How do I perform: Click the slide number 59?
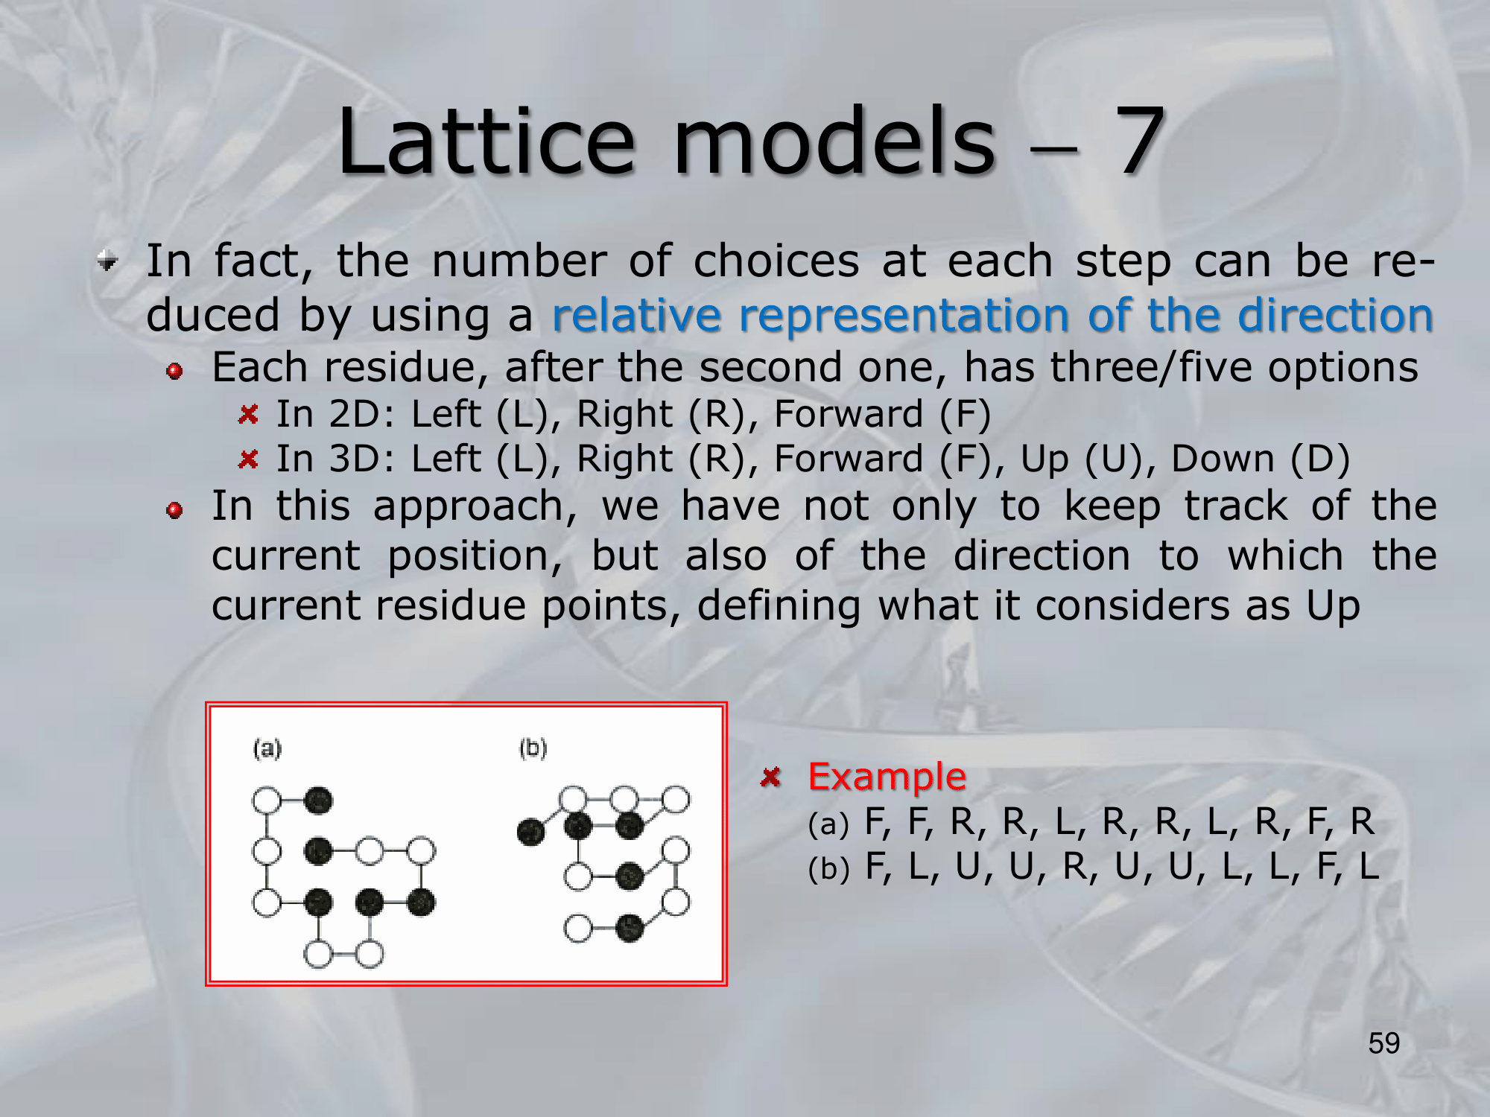(1384, 1043)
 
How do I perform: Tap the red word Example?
(887, 777)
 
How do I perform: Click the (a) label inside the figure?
(267, 748)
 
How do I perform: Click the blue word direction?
(1335, 314)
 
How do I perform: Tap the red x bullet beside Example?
(770, 777)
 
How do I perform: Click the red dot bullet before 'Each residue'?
(175, 371)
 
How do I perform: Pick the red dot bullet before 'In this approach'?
(175, 510)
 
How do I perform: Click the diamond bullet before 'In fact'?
(108, 261)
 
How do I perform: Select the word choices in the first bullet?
(776, 261)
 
